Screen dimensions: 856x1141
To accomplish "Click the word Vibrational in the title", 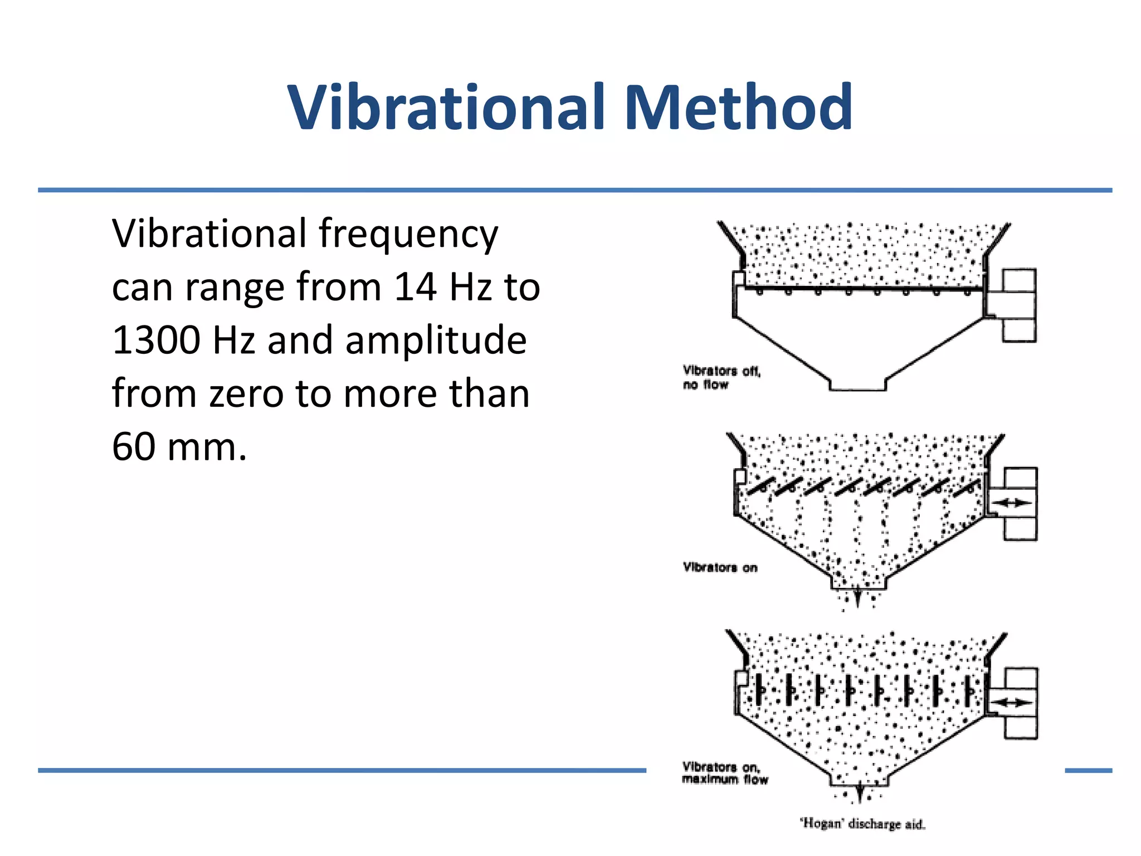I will (446, 107).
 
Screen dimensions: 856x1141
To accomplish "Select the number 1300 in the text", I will (156, 340).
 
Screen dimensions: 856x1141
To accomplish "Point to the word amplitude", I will (436, 341).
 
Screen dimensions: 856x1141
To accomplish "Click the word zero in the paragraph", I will (247, 393).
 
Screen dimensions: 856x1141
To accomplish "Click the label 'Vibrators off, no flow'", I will (721, 377).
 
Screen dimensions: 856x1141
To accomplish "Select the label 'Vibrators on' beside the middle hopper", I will (720, 567).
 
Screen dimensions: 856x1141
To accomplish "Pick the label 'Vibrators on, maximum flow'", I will (724, 773).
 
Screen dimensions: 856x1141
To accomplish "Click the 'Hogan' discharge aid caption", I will (862, 824).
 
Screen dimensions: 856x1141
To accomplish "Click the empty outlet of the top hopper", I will (857, 385).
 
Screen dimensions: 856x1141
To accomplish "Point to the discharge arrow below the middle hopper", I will (858, 598).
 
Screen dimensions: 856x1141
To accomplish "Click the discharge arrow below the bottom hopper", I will (860, 793).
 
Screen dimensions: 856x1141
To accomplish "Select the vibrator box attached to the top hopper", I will (1018, 305).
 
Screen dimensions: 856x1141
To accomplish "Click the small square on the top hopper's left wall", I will (739, 278).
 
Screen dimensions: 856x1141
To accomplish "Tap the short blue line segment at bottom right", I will (1088, 770).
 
